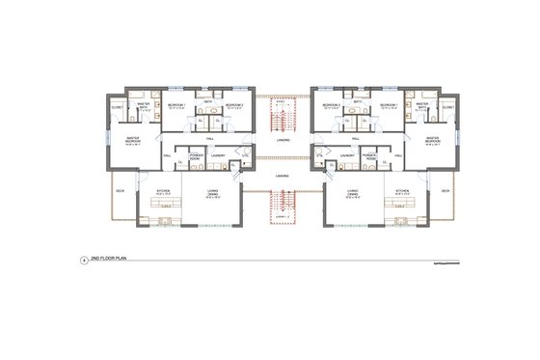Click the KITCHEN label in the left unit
tap(165, 192)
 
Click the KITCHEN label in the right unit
tap(401, 192)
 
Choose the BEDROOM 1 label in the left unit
tap(176, 104)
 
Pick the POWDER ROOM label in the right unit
tap(370, 154)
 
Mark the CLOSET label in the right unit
tap(447, 107)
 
